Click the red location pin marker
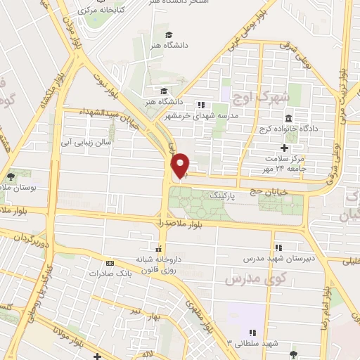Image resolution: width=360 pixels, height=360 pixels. point(181,165)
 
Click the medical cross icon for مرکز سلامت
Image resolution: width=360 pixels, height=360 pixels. point(283,148)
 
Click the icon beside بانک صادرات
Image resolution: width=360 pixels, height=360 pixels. point(108,263)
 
